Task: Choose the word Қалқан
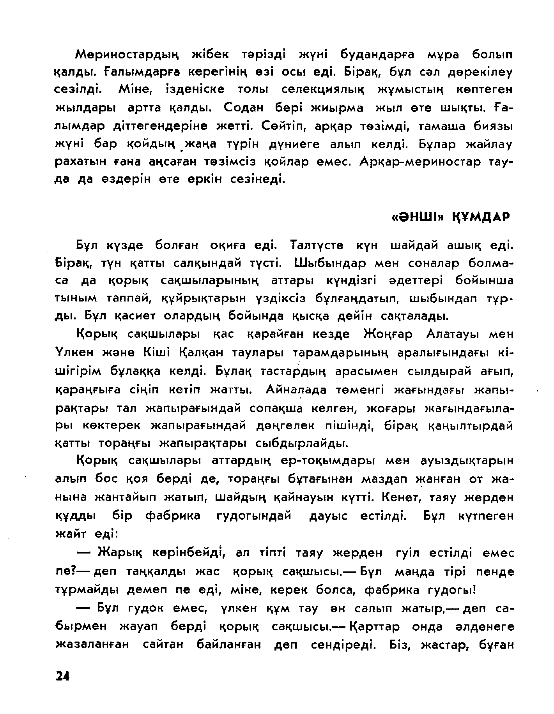201,353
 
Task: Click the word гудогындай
253,516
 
